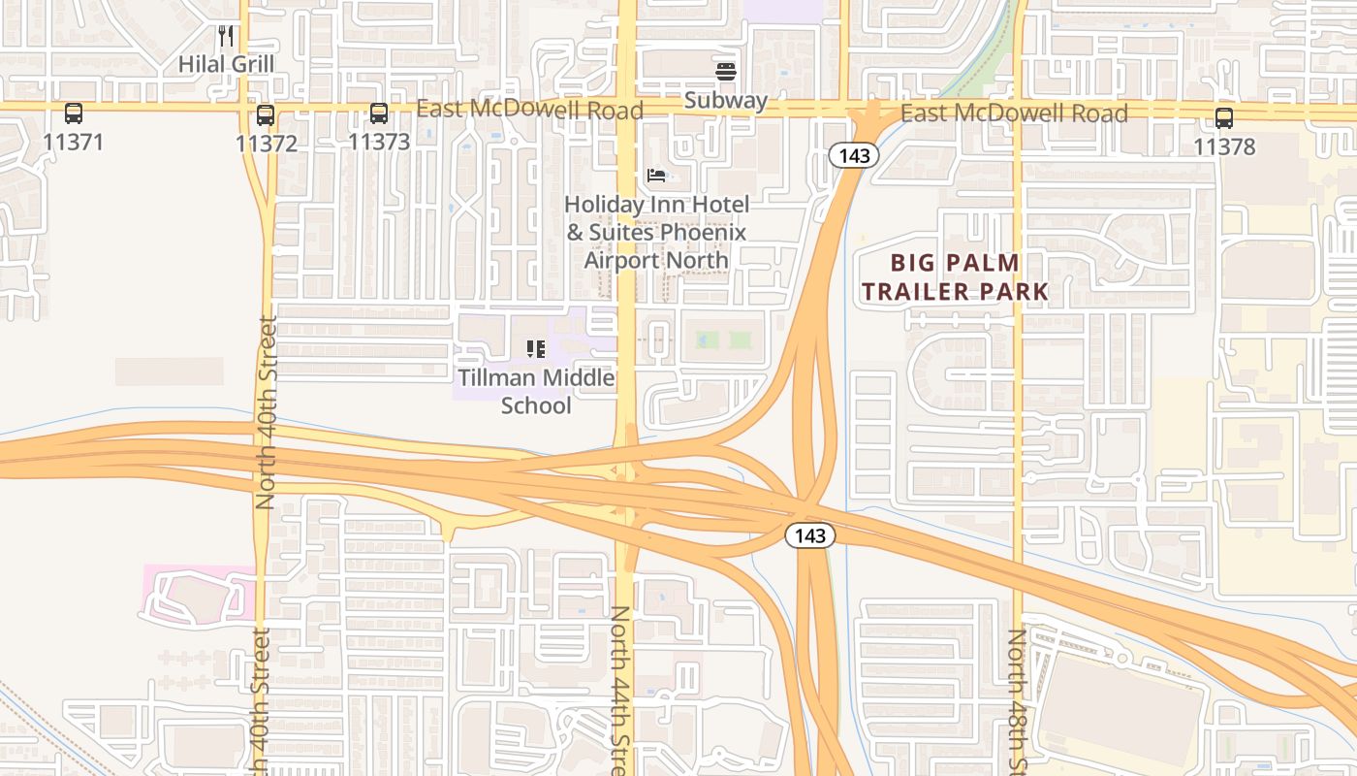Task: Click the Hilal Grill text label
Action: click(x=226, y=64)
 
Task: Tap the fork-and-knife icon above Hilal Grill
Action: click(x=226, y=37)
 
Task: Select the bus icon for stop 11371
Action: click(x=74, y=113)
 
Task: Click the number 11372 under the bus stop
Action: click(x=266, y=144)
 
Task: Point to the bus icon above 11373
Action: click(x=379, y=113)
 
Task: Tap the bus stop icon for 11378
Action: click(x=1224, y=118)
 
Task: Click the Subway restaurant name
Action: click(x=725, y=100)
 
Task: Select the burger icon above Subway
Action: click(x=725, y=72)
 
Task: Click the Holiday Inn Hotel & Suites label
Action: click(x=656, y=232)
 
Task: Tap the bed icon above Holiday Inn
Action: click(x=656, y=176)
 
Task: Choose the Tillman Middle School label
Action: click(x=536, y=391)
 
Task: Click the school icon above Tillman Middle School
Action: click(x=536, y=348)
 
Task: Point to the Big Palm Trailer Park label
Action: click(x=955, y=276)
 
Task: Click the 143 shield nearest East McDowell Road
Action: click(x=853, y=155)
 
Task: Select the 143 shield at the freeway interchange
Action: click(x=809, y=535)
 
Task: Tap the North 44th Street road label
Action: click(x=621, y=689)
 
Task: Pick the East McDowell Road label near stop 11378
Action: click(x=1014, y=113)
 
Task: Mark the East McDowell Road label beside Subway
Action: click(x=529, y=109)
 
